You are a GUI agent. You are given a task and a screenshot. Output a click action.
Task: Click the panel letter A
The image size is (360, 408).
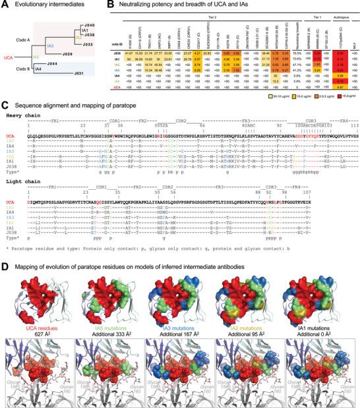tap(4, 5)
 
